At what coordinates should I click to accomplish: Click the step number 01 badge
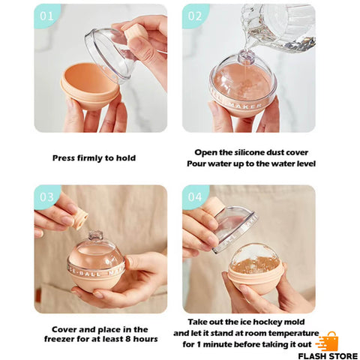click(x=46, y=16)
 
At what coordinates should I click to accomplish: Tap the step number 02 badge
click(x=195, y=16)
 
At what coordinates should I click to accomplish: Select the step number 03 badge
click(x=46, y=196)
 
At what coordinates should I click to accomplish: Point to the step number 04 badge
click(x=195, y=196)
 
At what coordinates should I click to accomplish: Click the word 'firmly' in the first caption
click(x=90, y=158)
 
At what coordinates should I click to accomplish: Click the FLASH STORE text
click(x=328, y=355)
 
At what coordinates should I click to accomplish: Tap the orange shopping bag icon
click(x=328, y=341)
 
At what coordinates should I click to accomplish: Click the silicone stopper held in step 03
click(x=80, y=220)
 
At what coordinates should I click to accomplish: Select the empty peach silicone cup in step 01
click(x=90, y=86)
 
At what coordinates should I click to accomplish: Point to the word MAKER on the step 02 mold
click(x=245, y=106)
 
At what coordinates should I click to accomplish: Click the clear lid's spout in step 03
click(x=96, y=235)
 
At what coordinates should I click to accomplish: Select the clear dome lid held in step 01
click(x=111, y=55)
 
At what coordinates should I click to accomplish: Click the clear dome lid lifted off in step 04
click(x=235, y=228)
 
